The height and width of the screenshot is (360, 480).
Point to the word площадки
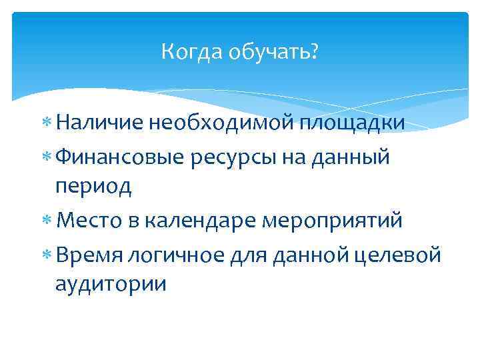point(352,123)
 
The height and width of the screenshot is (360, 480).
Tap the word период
point(93,187)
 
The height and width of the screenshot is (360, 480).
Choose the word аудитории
point(111,284)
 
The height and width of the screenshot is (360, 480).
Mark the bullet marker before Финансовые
point(47,157)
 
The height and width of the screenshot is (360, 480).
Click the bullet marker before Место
point(47,221)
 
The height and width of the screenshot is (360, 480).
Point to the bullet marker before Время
point(47,254)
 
